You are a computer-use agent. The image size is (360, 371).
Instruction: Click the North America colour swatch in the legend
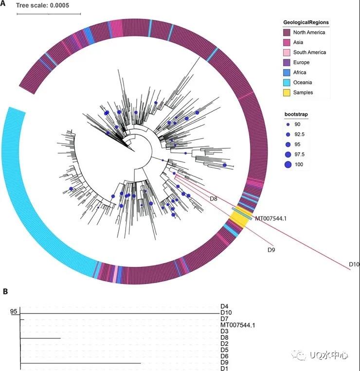(x=287, y=33)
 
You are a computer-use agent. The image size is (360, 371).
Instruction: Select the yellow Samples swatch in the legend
(x=287, y=92)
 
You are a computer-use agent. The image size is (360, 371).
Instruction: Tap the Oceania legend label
(x=303, y=82)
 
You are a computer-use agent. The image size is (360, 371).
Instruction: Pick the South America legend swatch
(x=287, y=53)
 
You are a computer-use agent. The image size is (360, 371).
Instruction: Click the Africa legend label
(x=300, y=72)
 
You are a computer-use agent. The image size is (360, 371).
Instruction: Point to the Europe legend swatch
(x=287, y=62)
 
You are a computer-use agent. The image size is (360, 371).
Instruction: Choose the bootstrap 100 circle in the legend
(x=288, y=164)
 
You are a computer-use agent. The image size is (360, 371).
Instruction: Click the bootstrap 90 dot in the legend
(x=288, y=124)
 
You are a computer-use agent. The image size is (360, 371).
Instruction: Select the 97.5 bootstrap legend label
(x=299, y=155)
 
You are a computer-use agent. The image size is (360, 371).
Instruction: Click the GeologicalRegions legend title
(x=306, y=22)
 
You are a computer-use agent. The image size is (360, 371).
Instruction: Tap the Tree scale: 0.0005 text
(x=43, y=5)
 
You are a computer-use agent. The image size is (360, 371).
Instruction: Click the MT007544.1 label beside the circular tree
(x=270, y=218)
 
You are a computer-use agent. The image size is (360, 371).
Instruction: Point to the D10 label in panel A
(x=354, y=265)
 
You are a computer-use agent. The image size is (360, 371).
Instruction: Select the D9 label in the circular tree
(x=271, y=250)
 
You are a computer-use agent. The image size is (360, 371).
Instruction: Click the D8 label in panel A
(x=214, y=199)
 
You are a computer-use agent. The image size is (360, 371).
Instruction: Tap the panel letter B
(x=5, y=292)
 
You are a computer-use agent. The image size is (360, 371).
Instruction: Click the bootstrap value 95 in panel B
(x=13, y=311)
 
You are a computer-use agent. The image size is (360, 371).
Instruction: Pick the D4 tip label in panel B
(x=224, y=306)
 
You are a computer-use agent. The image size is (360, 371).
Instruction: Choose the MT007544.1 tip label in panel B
(x=237, y=325)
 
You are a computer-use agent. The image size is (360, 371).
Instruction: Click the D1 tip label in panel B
(x=224, y=369)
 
